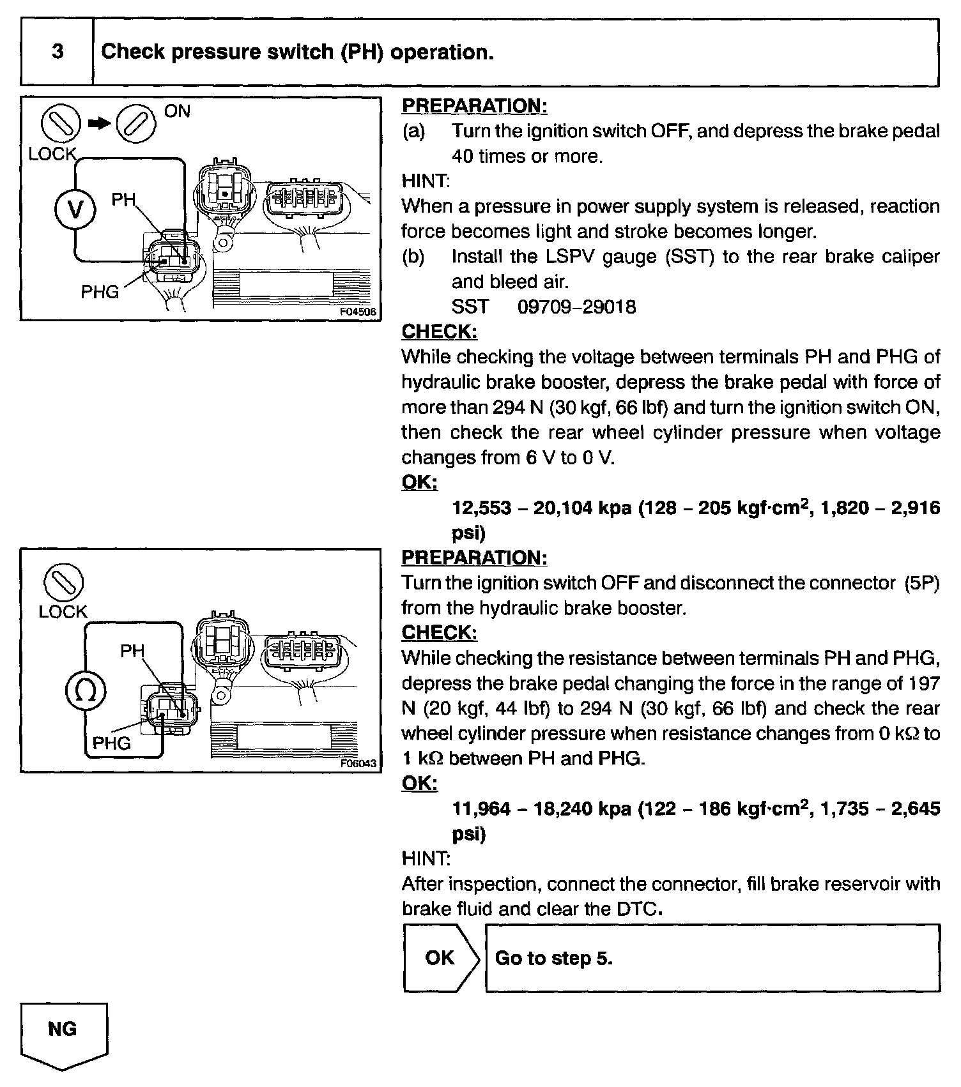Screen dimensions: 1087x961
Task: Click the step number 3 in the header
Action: tap(58, 52)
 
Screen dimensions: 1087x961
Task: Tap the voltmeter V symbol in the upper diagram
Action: tap(75, 209)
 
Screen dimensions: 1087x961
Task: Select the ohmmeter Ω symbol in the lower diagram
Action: tap(86, 690)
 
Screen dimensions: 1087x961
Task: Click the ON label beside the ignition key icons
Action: tap(177, 111)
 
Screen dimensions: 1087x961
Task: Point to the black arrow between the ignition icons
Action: tap(99, 124)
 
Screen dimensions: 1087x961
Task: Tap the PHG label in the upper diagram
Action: tap(100, 292)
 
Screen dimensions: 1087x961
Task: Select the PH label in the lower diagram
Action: tap(132, 651)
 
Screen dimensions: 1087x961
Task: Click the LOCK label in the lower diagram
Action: tap(63, 612)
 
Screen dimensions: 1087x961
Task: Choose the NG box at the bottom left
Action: tap(63, 1029)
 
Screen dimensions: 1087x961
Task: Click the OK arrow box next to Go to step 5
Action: tap(440, 958)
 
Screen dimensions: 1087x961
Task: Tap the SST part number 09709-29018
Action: tap(576, 307)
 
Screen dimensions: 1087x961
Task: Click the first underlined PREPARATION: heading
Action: tap(474, 106)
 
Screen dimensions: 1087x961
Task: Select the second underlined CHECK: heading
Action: tap(439, 633)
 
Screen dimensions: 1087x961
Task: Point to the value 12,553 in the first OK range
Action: tap(482, 508)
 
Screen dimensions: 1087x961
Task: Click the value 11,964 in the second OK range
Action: tap(482, 809)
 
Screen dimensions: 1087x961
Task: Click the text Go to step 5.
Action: tap(553, 959)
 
